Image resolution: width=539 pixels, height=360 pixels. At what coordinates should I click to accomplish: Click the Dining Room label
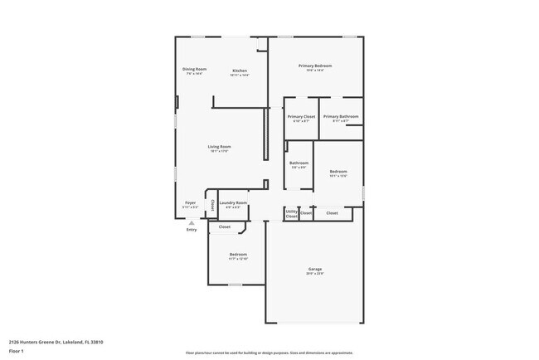coord(195,69)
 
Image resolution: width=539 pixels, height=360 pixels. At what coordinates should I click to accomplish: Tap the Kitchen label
coord(240,71)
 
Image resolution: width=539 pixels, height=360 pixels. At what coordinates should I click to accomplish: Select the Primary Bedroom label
coord(315,65)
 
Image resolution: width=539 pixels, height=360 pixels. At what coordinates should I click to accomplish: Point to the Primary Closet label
coord(301,116)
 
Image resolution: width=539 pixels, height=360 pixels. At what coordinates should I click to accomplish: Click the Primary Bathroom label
coord(341,116)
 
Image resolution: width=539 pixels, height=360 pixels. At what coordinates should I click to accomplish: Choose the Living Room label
coord(219,147)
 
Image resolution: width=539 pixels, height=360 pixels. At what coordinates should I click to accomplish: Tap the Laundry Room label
coord(233,202)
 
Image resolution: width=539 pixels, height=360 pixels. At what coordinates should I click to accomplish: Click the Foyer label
coord(190,202)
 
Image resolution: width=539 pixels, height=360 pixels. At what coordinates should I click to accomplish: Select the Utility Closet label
coord(291,214)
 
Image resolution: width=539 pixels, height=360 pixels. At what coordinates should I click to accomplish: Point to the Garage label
coord(315,269)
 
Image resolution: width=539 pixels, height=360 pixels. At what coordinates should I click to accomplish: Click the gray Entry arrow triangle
coord(192,223)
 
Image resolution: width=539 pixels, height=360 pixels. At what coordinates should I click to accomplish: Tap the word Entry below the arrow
coord(192,231)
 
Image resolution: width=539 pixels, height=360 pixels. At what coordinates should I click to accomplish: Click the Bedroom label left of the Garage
coord(238,254)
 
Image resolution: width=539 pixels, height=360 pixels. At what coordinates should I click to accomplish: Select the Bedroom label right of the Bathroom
coord(337,172)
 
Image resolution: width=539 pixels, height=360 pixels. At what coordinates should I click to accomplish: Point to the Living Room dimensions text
coord(219,152)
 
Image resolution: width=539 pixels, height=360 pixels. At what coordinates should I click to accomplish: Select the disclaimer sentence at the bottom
coord(269,353)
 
